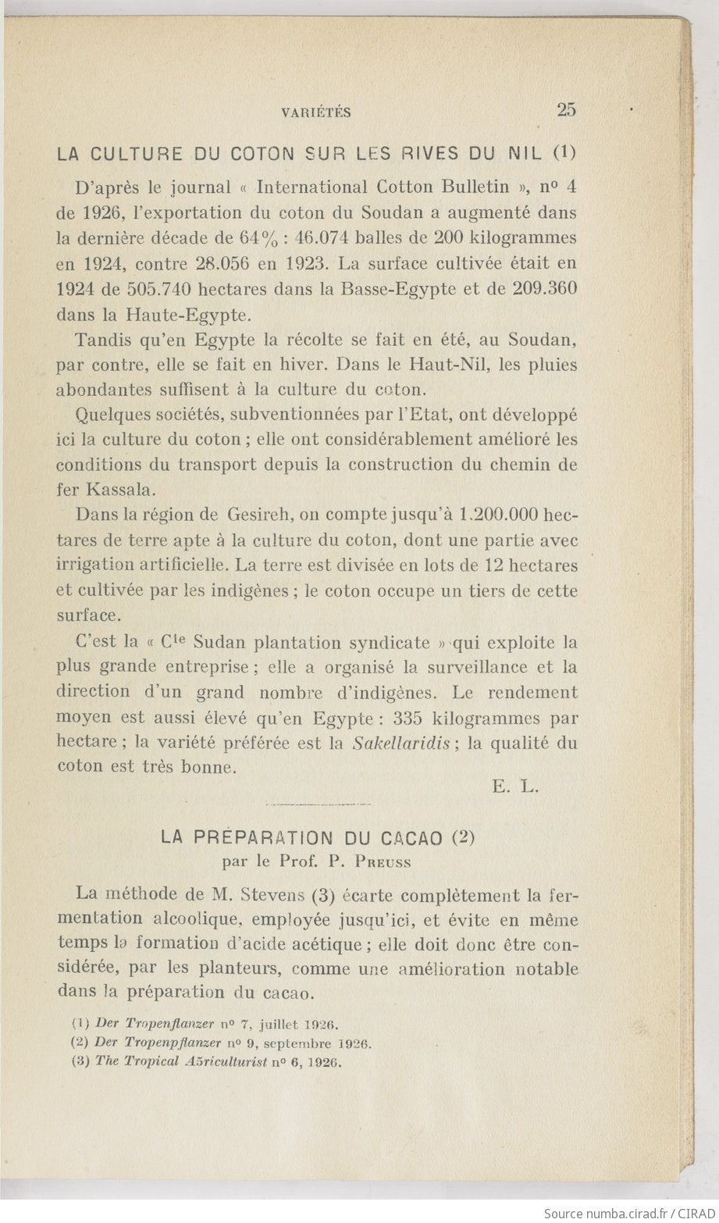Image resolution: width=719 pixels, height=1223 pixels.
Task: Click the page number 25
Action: pyautogui.click(x=567, y=110)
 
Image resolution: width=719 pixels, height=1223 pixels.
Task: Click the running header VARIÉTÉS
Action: pyautogui.click(x=315, y=112)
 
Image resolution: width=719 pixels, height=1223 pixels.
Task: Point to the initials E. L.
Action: pyautogui.click(x=515, y=787)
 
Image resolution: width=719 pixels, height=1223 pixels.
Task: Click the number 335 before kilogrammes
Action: pyautogui.click(x=409, y=718)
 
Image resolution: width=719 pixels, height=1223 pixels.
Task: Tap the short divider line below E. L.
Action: pyautogui.click(x=319, y=804)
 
